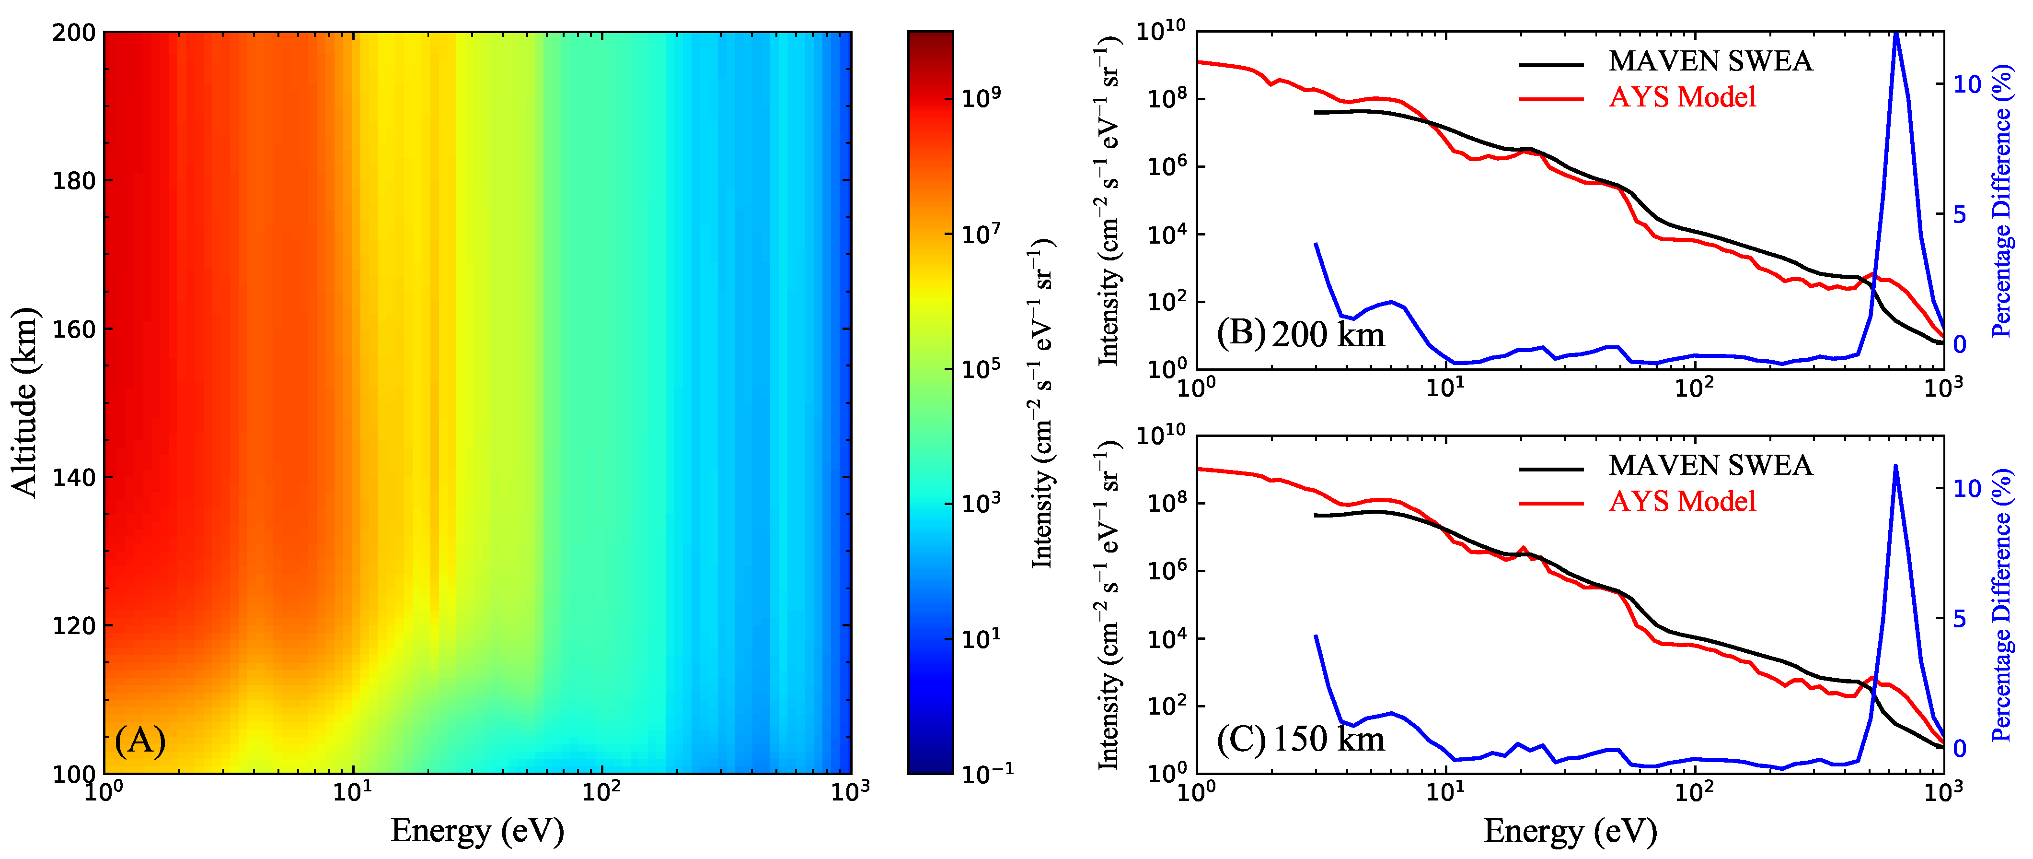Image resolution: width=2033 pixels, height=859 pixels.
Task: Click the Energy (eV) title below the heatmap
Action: (477, 831)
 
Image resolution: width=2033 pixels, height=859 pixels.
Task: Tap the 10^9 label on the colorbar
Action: (981, 97)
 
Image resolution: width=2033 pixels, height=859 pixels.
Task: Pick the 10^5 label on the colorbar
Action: (981, 368)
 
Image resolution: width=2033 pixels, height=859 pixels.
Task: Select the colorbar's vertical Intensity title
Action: (1042, 403)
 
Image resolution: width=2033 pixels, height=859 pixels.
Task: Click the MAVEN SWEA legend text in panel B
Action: (1710, 61)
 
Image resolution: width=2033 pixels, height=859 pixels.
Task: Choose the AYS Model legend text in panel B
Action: (1683, 97)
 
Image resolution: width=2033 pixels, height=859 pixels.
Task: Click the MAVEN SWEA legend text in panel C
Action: (1710, 465)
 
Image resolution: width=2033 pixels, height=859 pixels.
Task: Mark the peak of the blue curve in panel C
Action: (1895, 467)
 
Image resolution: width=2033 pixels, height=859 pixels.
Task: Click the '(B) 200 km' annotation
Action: (1301, 334)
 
